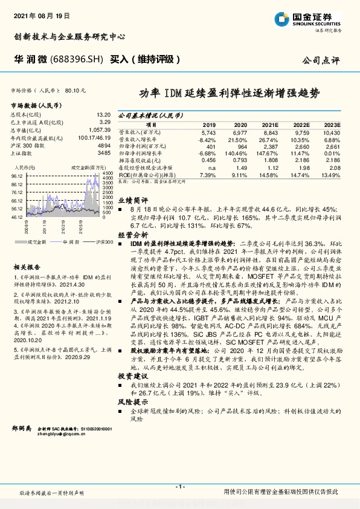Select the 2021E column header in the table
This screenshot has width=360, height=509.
(x=271, y=123)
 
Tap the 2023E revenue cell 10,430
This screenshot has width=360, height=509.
(x=332, y=131)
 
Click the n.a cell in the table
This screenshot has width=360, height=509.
(x=211, y=168)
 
